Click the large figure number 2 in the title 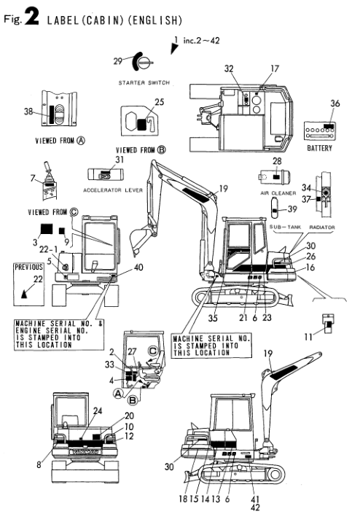click(31, 17)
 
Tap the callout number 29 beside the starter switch click(118, 61)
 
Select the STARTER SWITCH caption click(144, 82)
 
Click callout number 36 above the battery click(334, 104)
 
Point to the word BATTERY click(319, 148)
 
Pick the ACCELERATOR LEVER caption click(113, 190)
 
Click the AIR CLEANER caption click(278, 193)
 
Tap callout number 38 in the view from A click(28, 112)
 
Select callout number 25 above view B click(160, 102)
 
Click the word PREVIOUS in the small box click(28, 267)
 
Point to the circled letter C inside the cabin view click(153, 351)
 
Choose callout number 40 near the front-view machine click(138, 268)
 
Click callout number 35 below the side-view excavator click(213, 319)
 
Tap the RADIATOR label click(321, 227)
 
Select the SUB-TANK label click(285, 227)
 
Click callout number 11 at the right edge click(308, 338)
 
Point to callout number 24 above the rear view click(98, 411)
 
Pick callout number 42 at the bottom click(255, 507)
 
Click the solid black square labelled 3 click(47, 229)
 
